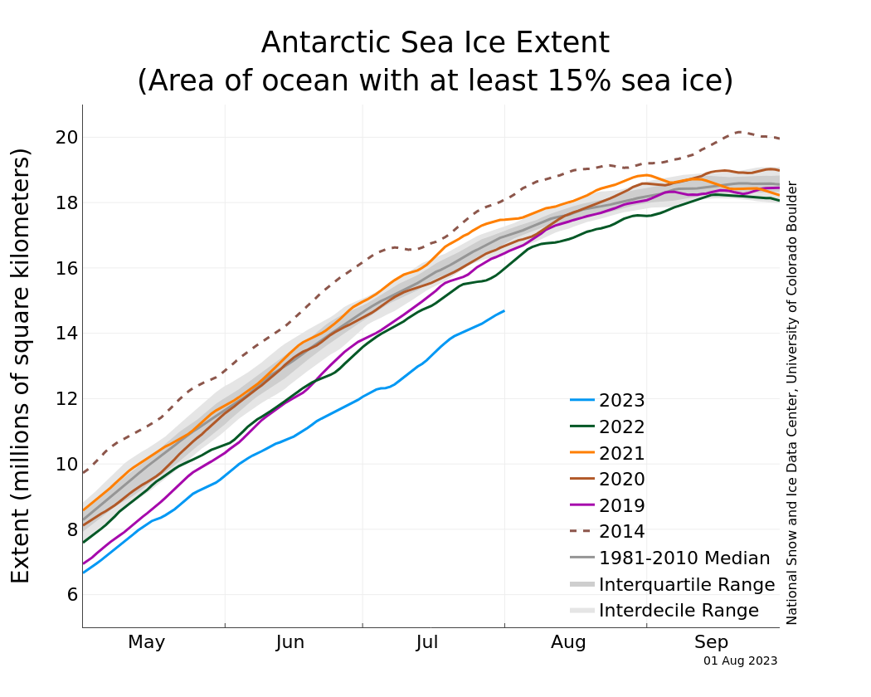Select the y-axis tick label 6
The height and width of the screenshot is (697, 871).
pos(70,595)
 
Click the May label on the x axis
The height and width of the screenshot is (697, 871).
pos(147,642)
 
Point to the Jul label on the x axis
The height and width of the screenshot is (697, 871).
pos(428,642)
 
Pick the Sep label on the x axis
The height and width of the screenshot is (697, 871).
pos(712,642)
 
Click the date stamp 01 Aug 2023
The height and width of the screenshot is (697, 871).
pos(740,661)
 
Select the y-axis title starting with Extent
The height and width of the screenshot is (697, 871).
pos(21,365)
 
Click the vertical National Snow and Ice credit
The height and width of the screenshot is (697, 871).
pos(792,402)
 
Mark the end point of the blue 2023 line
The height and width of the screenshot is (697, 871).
pos(504,310)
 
